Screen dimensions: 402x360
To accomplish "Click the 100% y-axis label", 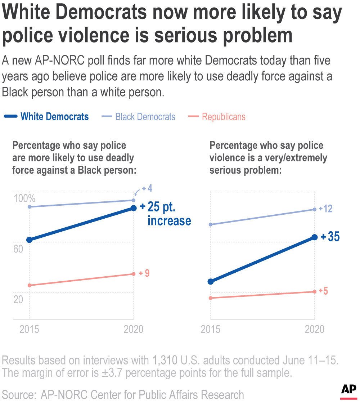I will coord(24,198).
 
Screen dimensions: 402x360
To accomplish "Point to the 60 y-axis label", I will coord(18,249).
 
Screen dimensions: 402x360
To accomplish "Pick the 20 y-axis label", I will coord(18,299).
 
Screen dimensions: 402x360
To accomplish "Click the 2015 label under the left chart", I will coord(30,330).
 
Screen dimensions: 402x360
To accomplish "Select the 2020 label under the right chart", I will coord(314,330).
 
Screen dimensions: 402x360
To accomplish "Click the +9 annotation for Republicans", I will coord(144,273).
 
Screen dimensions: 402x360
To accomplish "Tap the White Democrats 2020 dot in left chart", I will coord(133,208).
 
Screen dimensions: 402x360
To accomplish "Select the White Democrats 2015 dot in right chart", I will coord(211,281).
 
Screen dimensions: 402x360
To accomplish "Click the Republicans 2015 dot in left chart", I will coord(30,285).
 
